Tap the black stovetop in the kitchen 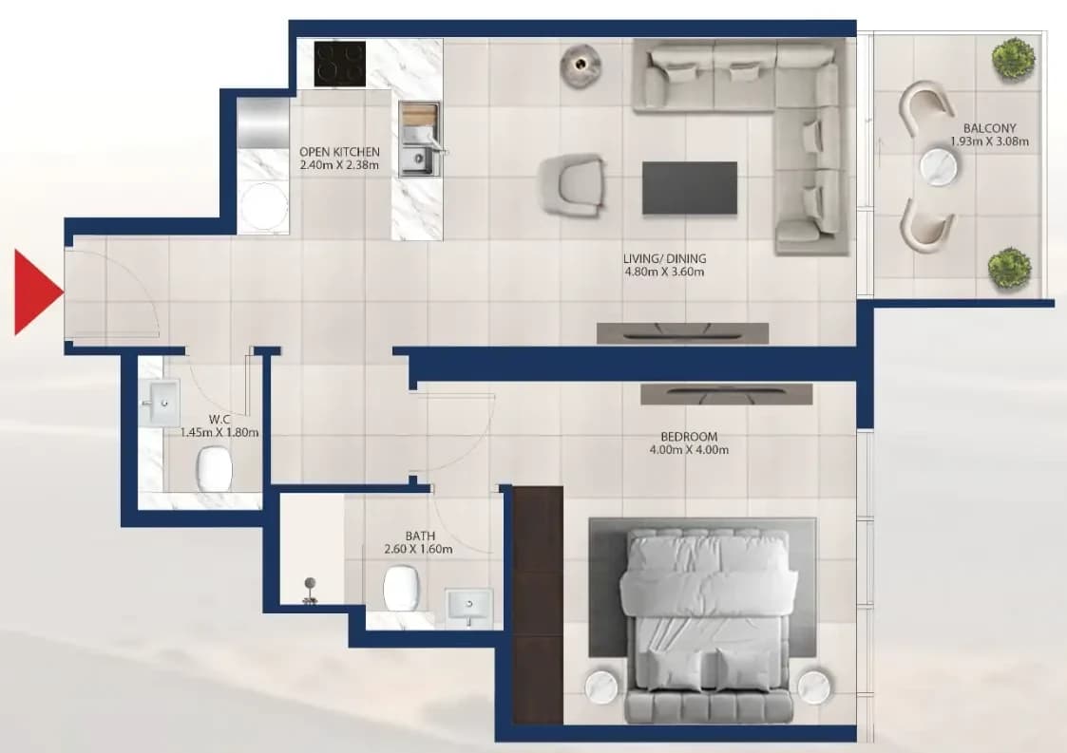coord(339,64)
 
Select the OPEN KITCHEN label coord(339,152)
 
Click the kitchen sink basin coord(416,161)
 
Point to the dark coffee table coord(690,188)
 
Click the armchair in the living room coord(572,185)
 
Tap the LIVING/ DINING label coord(665,258)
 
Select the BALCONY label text coord(989,128)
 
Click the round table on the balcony coord(939,166)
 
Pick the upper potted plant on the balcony coord(1013,58)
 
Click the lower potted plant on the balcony coord(1009,268)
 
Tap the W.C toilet coord(215,468)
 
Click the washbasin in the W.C coord(160,404)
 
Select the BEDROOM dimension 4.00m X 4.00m coord(689,450)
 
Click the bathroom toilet coord(402,589)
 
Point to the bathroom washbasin coord(468,605)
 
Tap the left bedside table coord(602,687)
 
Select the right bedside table coord(814,687)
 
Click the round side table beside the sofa coord(581,65)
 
